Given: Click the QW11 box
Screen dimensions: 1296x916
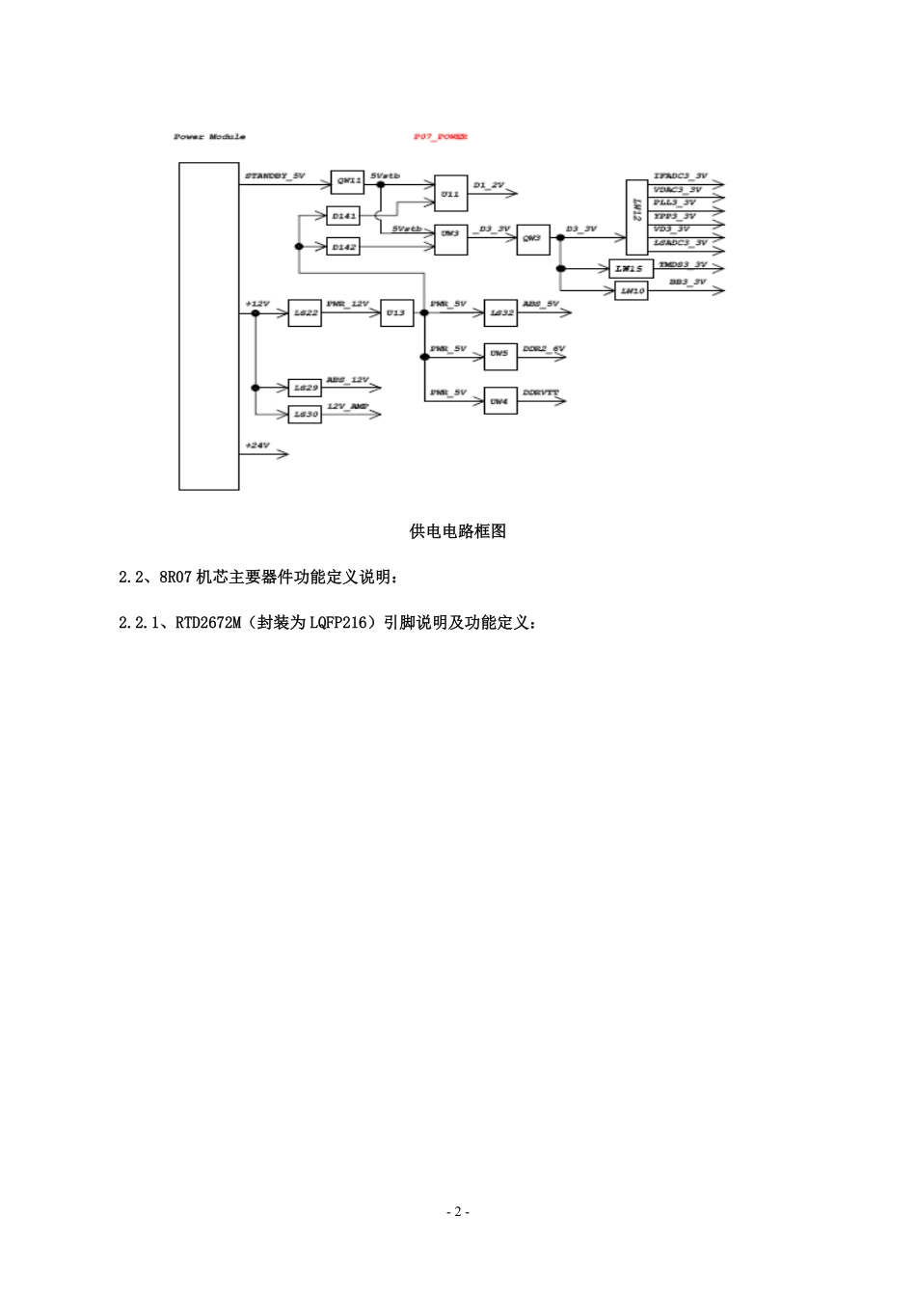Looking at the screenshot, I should (347, 180).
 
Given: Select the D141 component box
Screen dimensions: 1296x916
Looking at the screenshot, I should (344, 216).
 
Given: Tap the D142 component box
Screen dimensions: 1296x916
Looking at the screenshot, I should (344, 247).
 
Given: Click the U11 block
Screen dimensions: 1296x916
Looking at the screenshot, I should (450, 194).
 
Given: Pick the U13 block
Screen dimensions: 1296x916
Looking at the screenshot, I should (397, 313).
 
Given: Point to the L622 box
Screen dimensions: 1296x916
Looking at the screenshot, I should (306, 313).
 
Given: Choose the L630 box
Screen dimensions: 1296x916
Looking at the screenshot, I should (306, 414).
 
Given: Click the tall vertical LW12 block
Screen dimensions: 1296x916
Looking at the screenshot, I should (636, 216).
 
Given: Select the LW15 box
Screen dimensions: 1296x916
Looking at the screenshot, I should (631, 267).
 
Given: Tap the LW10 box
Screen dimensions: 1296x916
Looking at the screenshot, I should (631, 290).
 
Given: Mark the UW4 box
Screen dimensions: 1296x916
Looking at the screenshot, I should (499, 400).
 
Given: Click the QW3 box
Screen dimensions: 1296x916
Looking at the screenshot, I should (533, 238).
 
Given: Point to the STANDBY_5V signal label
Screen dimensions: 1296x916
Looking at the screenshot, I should (275, 176).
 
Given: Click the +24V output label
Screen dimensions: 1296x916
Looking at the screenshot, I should (257, 445).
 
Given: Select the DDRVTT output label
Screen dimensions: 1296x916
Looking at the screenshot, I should (541, 393).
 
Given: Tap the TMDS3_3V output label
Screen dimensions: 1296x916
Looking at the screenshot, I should (683, 263).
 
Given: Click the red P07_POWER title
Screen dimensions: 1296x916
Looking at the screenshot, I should (441, 137).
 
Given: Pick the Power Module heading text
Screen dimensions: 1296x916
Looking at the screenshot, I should (209, 137).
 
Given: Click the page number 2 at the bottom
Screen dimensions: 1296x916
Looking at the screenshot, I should (458, 1212).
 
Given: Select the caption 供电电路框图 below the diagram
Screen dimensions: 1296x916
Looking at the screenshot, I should (458, 531).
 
